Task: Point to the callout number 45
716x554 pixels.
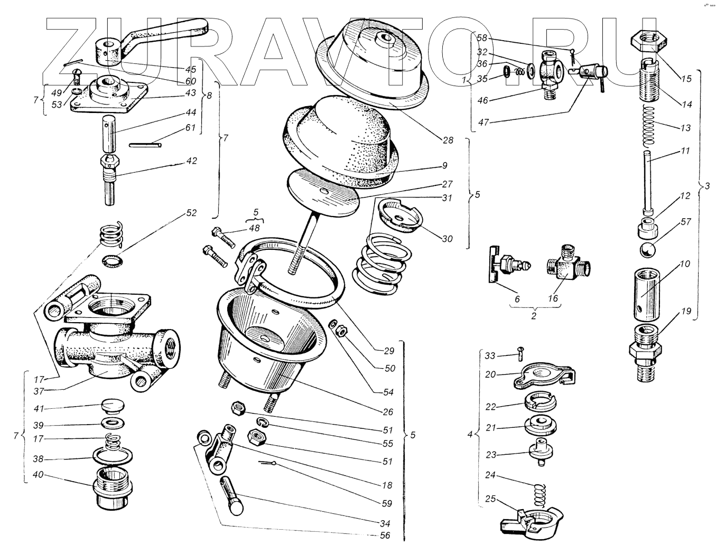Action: (191, 69)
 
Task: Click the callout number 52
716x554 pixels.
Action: (191, 213)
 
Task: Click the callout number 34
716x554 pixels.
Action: (385, 523)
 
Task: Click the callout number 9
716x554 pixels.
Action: (444, 165)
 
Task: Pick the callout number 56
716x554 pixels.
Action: (385, 535)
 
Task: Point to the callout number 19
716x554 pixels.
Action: (685, 311)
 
